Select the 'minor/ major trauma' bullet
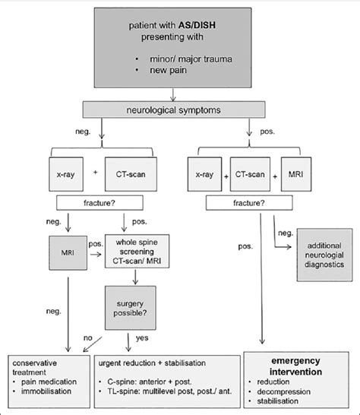coord(192,58)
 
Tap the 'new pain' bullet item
coord(173,72)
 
